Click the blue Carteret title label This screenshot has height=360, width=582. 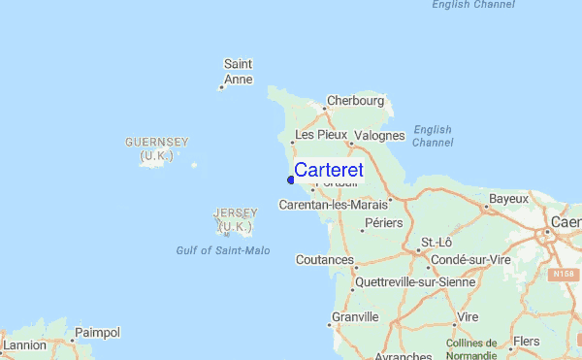pyautogui.click(x=328, y=170)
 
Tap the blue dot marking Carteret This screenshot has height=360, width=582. pyautogui.click(x=291, y=179)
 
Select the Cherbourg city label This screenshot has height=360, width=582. pyautogui.click(x=356, y=100)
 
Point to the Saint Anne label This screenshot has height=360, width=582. pyautogui.click(x=238, y=72)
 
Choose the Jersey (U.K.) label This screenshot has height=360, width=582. pyautogui.click(x=234, y=218)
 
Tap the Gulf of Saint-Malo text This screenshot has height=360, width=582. pyautogui.click(x=223, y=250)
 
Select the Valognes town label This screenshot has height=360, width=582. pyautogui.click(x=379, y=135)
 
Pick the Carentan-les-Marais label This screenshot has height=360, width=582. pyautogui.click(x=333, y=205)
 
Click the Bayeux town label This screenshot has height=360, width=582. pyautogui.click(x=508, y=199)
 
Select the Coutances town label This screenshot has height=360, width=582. pyautogui.click(x=324, y=260)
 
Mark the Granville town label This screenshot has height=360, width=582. pyautogui.click(x=354, y=317)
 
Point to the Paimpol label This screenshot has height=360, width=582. pyautogui.click(x=97, y=333)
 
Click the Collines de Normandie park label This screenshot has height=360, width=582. pyautogui.click(x=471, y=349)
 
